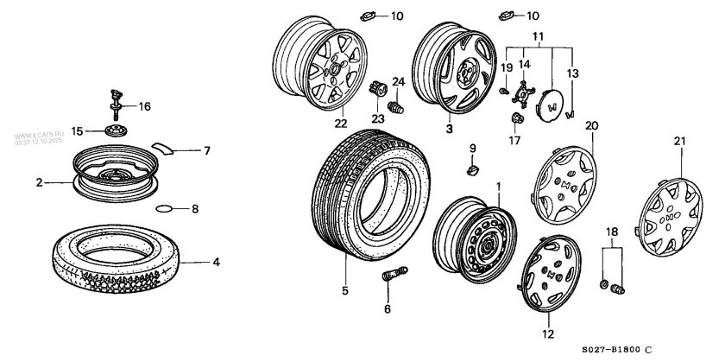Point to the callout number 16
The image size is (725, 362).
[145, 106]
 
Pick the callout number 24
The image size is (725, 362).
[399, 82]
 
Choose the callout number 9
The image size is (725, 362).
[472, 148]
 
